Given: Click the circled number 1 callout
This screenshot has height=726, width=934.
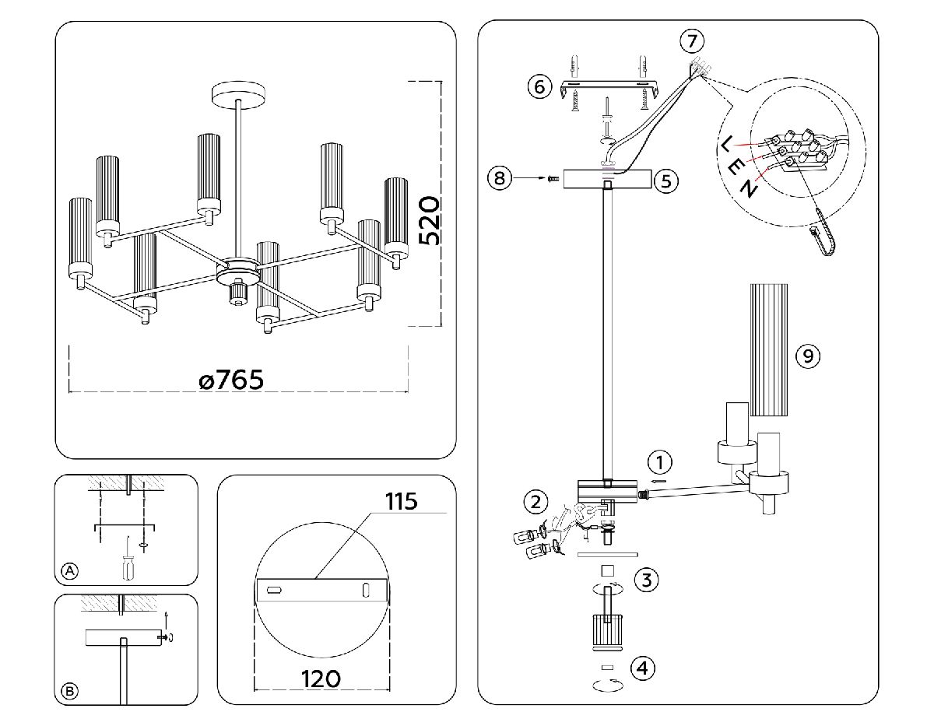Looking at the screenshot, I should click(x=660, y=463).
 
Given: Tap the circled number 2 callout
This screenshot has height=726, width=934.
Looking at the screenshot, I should click(x=535, y=502).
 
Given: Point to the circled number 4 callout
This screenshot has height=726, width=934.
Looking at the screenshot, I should click(x=643, y=668).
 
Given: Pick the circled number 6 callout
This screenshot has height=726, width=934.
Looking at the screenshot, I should click(x=539, y=86).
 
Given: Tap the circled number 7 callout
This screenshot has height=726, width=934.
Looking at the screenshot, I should click(x=690, y=40).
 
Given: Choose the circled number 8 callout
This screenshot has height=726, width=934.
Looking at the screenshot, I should click(x=499, y=179).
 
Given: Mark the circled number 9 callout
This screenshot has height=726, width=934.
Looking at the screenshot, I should click(x=809, y=356).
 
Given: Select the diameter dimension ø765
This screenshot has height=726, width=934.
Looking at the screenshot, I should click(x=230, y=381).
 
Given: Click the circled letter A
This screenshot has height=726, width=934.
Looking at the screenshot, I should click(x=69, y=572).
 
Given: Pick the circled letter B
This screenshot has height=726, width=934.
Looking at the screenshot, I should click(x=69, y=691).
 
